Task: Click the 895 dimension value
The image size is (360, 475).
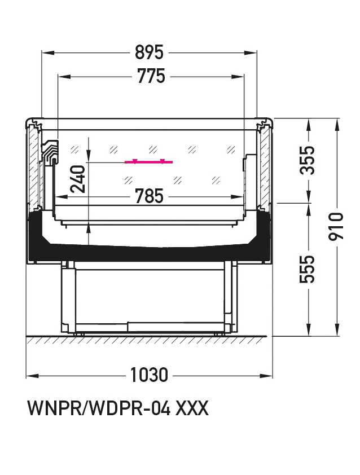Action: click(x=149, y=52)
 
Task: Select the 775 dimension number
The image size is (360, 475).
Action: click(x=151, y=76)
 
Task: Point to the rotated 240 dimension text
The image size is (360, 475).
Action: click(x=77, y=179)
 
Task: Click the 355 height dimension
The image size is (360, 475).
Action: click(x=307, y=160)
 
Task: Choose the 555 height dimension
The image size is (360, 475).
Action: click(x=307, y=269)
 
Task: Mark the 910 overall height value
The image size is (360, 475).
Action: click(x=336, y=226)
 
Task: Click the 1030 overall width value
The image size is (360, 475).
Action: click(x=149, y=375)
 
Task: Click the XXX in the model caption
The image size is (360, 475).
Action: click(x=192, y=408)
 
